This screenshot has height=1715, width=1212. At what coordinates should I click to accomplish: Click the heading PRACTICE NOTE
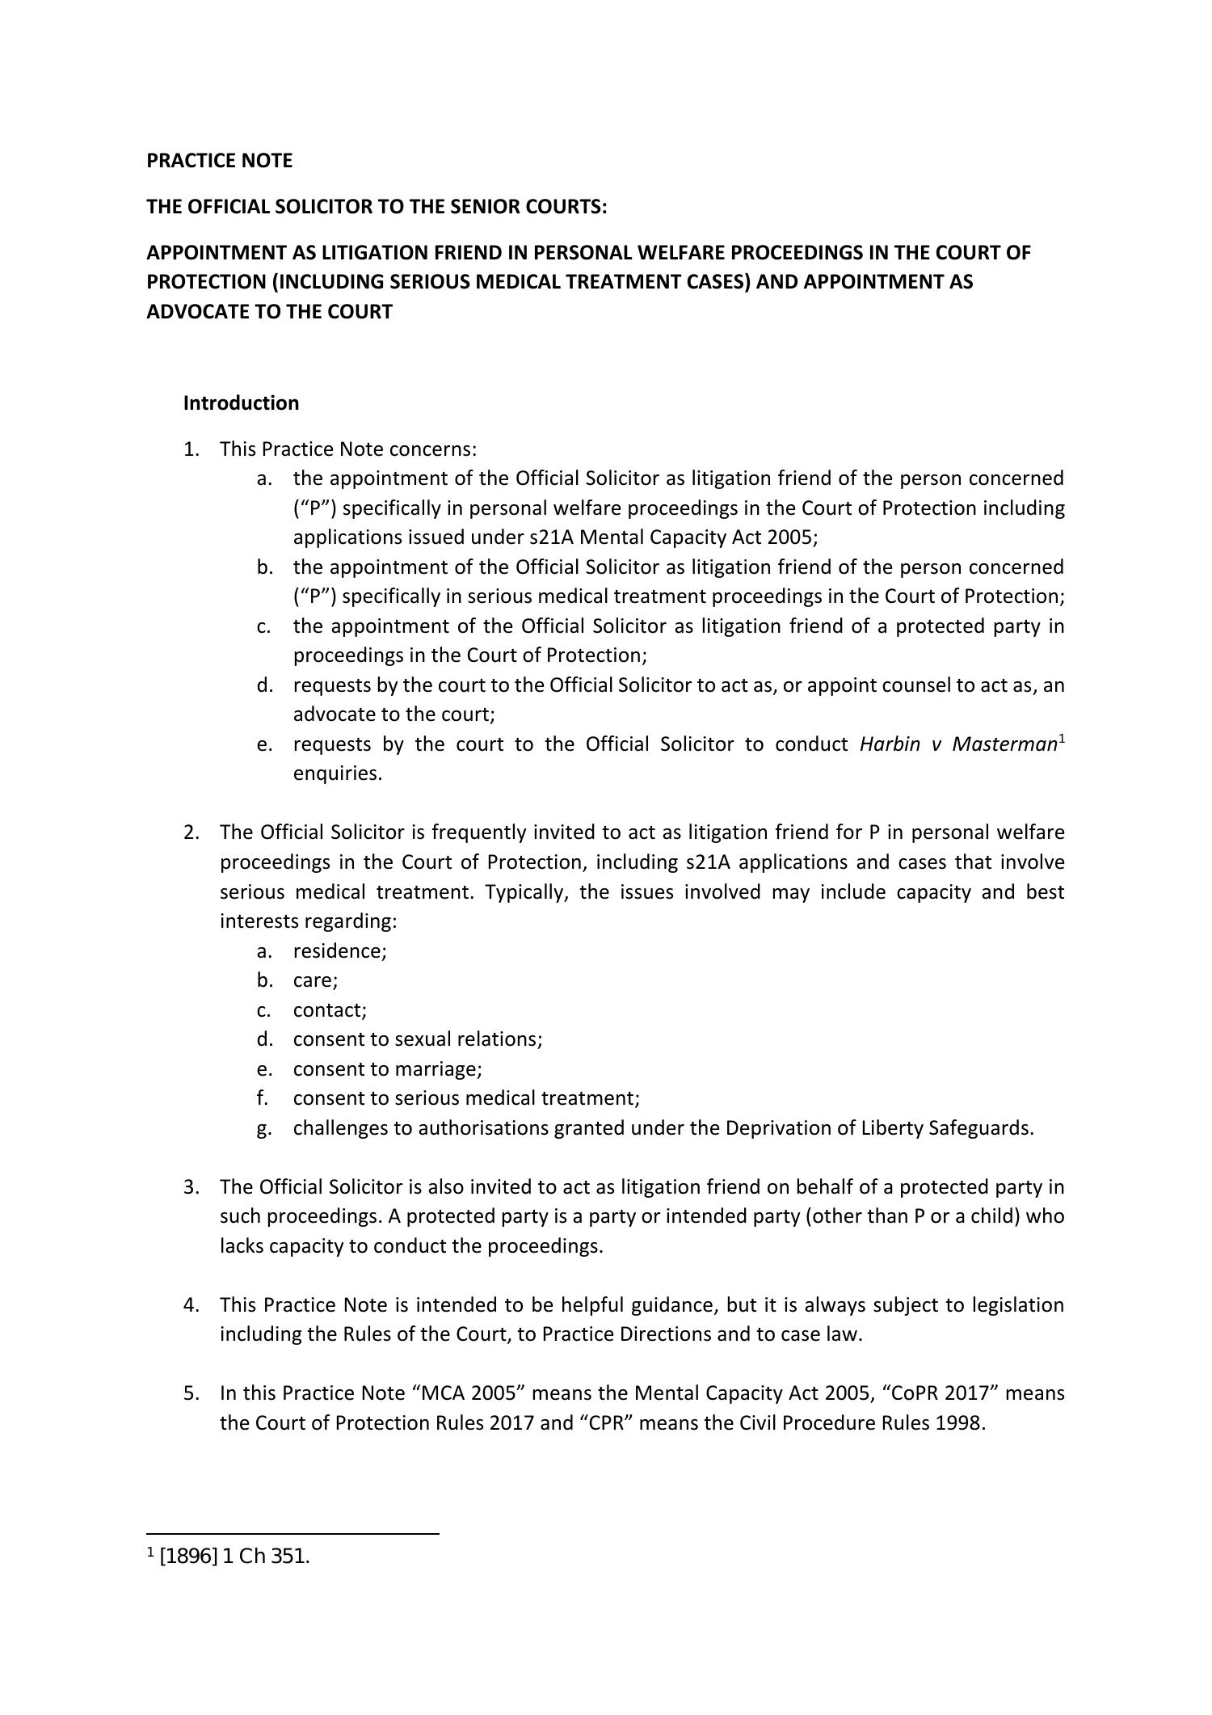tap(219, 161)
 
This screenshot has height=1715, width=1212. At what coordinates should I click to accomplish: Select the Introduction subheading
tap(241, 403)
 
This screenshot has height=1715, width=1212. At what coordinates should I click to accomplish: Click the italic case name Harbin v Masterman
tap(958, 744)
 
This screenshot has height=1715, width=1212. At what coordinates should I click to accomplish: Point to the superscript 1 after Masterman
tap(1062, 739)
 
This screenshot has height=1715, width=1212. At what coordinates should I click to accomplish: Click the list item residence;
tap(339, 951)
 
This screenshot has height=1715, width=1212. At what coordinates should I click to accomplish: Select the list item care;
tap(315, 980)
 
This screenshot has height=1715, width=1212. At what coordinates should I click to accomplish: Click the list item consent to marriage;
tap(387, 1069)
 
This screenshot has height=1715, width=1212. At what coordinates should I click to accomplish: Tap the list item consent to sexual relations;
tap(418, 1039)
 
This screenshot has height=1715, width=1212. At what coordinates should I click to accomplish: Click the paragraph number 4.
tap(190, 1305)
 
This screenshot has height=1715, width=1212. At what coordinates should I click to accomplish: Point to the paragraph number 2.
tap(190, 832)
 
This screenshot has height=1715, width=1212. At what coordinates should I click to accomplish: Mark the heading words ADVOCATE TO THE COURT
tap(269, 312)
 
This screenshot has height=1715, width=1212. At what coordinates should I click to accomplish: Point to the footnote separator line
tap(292, 1534)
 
